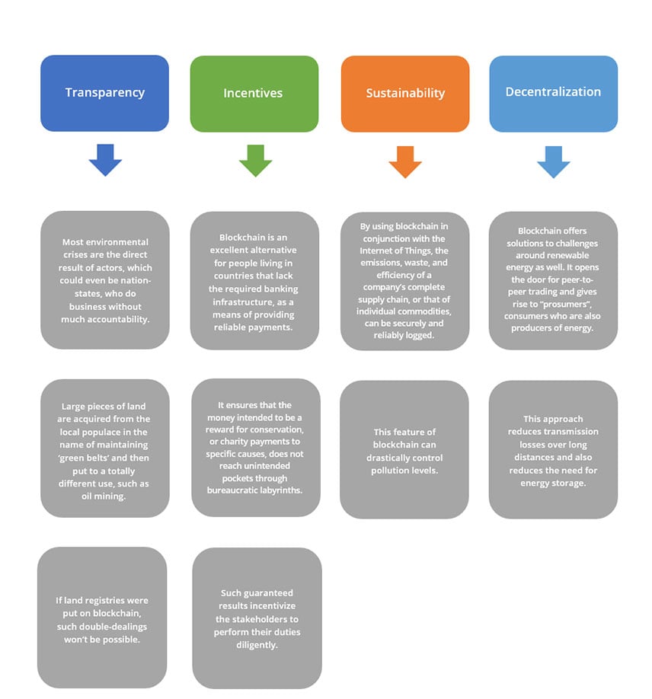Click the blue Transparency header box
click(x=104, y=93)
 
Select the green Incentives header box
click(x=254, y=94)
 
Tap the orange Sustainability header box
click(x=405, y=94)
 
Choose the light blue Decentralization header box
click(x=554, y=94)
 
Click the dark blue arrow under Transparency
click(x=105, y=160)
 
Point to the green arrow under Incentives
click(x=255, y=161)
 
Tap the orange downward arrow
click(x=405, y=162)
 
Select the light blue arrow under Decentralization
click(x=554, y=162)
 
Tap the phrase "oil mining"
click(x=104, y=496)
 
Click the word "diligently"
click(x=257, y=645)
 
